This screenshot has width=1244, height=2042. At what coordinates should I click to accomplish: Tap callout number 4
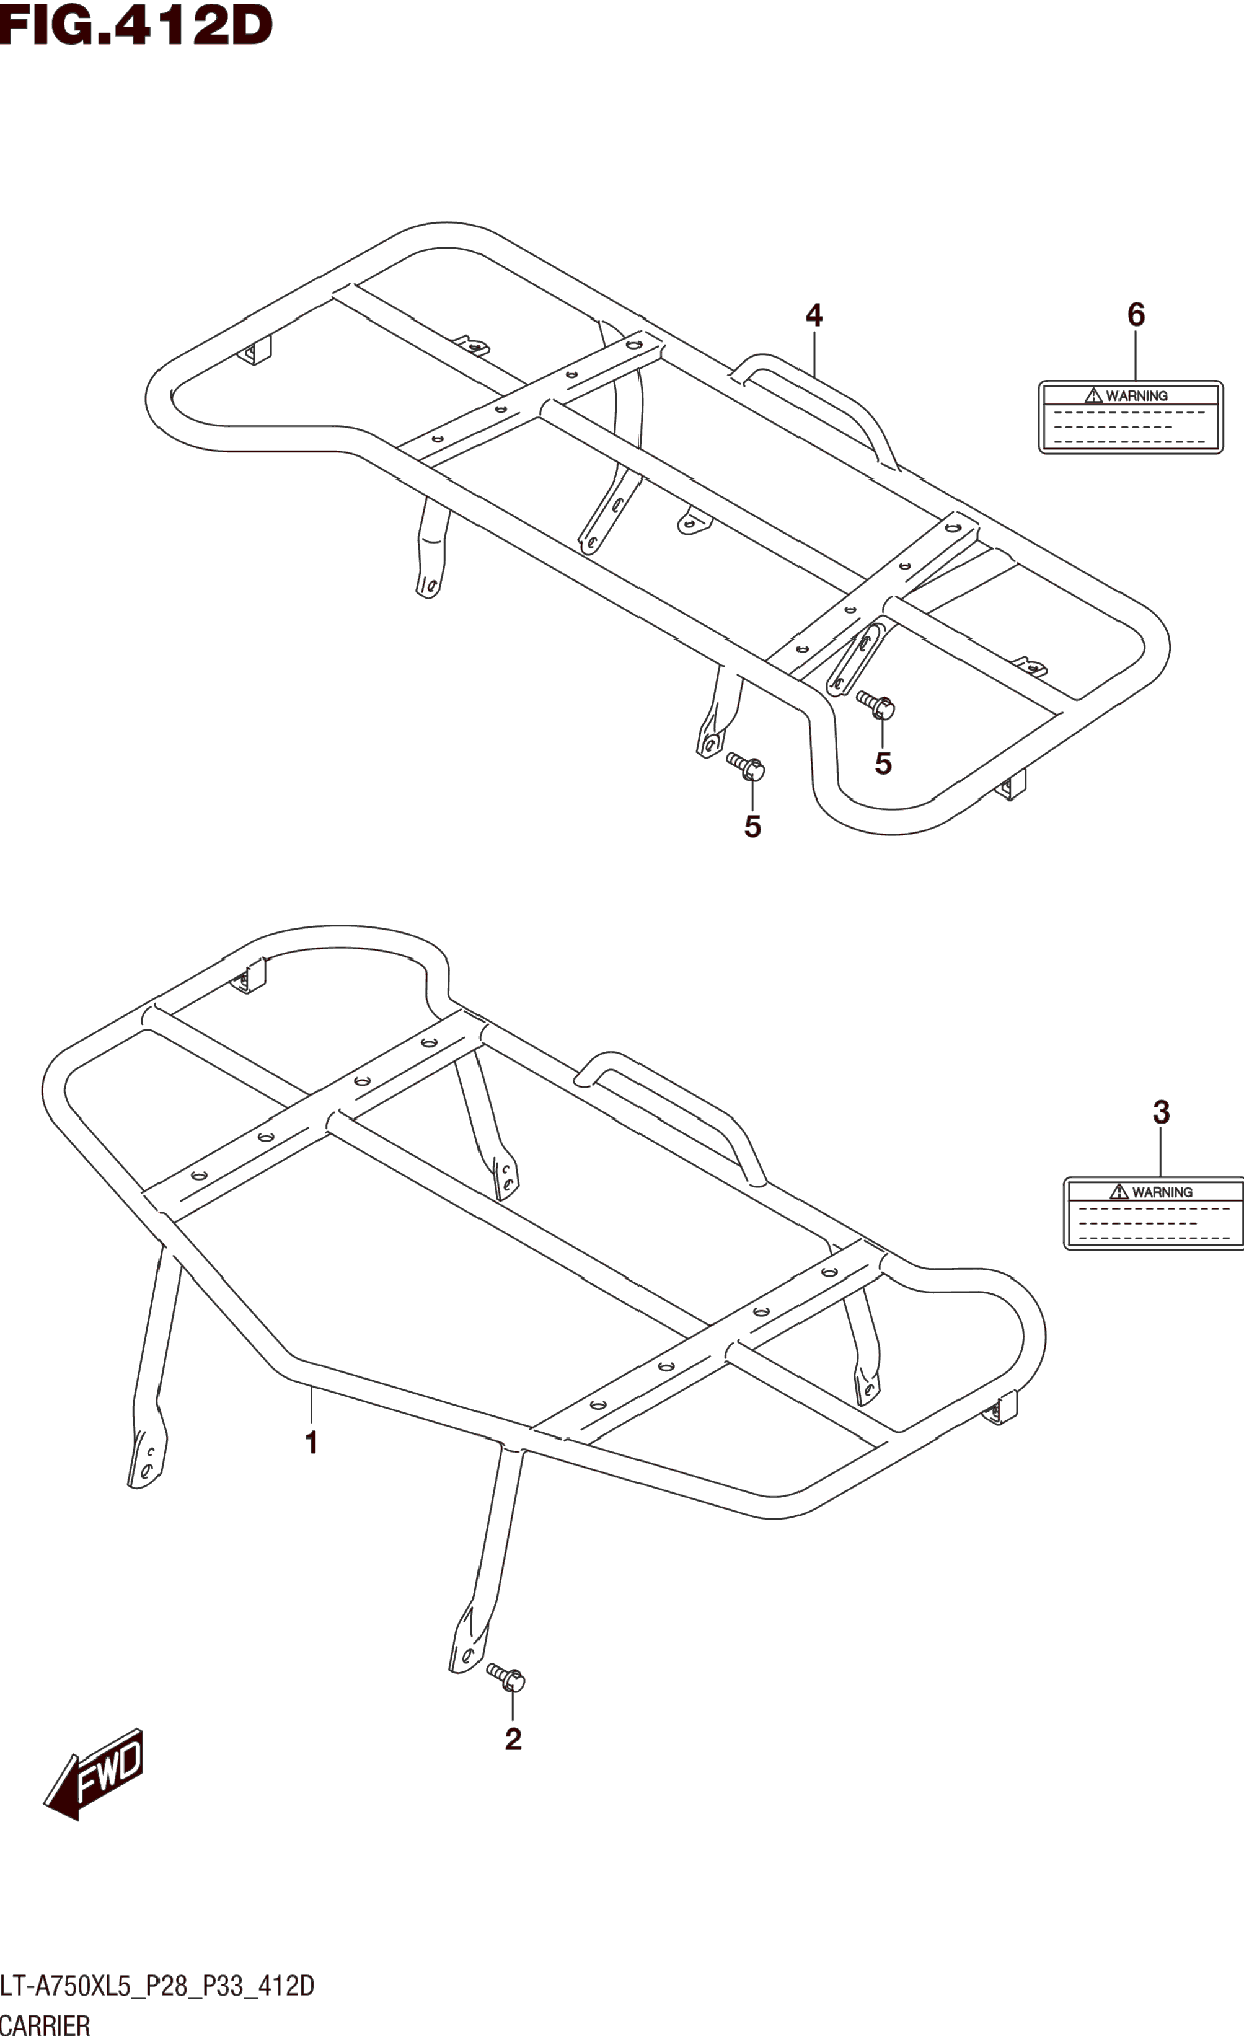coord(814,315)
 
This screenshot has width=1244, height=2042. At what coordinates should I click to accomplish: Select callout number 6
coord(1136,315)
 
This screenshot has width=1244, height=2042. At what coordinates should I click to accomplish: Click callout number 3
coord(1160,1112)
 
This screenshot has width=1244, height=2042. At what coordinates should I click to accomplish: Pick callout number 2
coord(513,1740)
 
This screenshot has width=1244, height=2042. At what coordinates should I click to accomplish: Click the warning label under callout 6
coord(1131,417)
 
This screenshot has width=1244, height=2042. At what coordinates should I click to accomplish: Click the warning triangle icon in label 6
coord(1094,395)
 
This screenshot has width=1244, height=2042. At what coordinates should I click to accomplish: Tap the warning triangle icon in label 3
coord(1119,1192)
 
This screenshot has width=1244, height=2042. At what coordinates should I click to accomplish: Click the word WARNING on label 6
coord(1137,396)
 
